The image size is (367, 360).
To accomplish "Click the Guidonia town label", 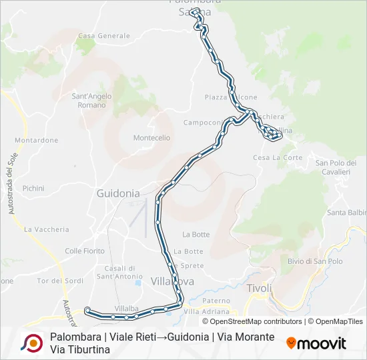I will pyautogui.click(x=118, y=193).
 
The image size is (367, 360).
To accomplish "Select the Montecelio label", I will pyautogui.click(x=151, y=138).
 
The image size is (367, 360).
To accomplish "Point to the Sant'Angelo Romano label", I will pyautogui.click(x=91, y=101).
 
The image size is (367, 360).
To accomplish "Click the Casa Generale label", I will pyautogui.click(x=104, y=35).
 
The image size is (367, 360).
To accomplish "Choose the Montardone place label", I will pyautogui.click(x=36, y=141).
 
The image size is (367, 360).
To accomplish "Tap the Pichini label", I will pyautogui.click(x=33, y=189).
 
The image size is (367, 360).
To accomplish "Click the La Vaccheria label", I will pyautogui.click(x=46, y=229).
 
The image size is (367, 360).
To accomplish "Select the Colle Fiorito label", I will pyautogui.click(x=85, y=251).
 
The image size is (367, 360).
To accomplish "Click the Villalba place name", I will pyautogui.click(x=126, y=309).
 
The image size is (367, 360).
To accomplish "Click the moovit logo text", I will pyautogui.click(x=321, y=343).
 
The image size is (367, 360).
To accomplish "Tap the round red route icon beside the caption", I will pyautogui.click(x=31, y=343).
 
